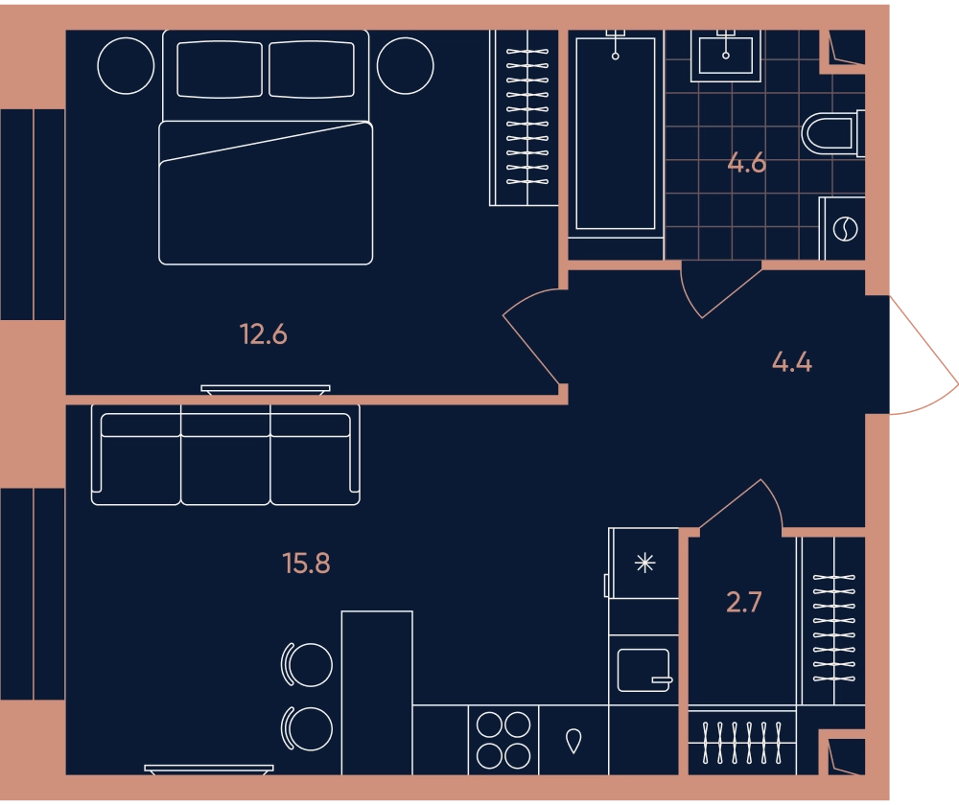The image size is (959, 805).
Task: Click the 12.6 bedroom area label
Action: pyautogui.click(x=264, y=334)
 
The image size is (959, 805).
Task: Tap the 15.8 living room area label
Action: pyautogui.click(x=307, y=563)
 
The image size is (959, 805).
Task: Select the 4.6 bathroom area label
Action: pyautogui.click(x=747, y=163)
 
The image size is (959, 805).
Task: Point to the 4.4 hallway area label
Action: pyautogui.click(x=792, y=362)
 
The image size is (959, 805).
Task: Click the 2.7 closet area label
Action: pyautogui.click(x=744, y=602)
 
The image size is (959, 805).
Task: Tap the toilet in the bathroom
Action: pyautogui.click(x=832, y=132)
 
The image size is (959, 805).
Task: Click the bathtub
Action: pyautogui.click(x=616, y=133)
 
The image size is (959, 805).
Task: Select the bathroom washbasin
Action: pyautogui.click(x=726, y=56)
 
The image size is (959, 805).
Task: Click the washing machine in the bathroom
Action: pyautogui.click(x=842, y=228)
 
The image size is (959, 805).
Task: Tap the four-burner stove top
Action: pyautogui.click(x=503, y=740)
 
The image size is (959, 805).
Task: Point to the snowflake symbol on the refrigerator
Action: pyautogui.click(x=644, y=563)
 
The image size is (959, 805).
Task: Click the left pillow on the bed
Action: pyautogui.click(x=220, y=69)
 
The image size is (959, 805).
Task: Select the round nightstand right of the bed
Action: pyautogui.click(x=405, y=66)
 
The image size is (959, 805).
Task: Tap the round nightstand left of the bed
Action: pyautogui.click(x=126, y=66)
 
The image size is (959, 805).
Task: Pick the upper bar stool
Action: pyautogui.click(x=307, y=664)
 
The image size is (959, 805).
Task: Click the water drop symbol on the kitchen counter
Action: pyautogui.click(x=573, y=741)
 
